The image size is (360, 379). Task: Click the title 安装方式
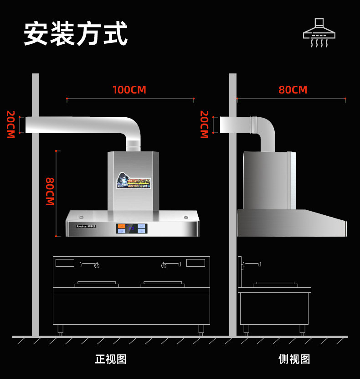pyautogui.click(x=76, y=33)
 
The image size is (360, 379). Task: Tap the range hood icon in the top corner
pyautogui.click(x=319, y=32)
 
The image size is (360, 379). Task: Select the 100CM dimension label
pyautogui.click(x=129, y=90)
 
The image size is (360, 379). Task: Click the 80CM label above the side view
pyautogui.click(x=293, y=90)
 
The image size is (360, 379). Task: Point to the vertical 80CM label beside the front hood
pyautogui.click(x=50, y=192)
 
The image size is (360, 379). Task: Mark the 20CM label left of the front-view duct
pyautogui.click(x=10, y=125)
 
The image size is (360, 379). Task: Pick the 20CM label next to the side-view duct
pyautogui.click(x=204, y=125)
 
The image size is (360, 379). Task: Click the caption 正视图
pyautogui.click(x=111, y=359)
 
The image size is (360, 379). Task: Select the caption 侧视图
pyautogui.click(x=294, y=359)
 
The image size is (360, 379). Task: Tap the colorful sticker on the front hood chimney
pyautogui.click(x=133, y=181)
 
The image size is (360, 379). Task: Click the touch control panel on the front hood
pyautogui.click(x=131, y=228)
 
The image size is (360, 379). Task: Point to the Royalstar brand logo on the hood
pyautogui.click(x=86, y=226)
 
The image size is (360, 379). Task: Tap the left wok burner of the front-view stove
pyautogui.click(x=97, y=284)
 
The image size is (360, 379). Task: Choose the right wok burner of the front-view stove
pyautogui.click(x=163, y=284)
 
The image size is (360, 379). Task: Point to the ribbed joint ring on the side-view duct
pyautogui.click(x=254, y=125)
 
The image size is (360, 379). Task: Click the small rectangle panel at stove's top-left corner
pyautogui.click(x=65, y=263)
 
